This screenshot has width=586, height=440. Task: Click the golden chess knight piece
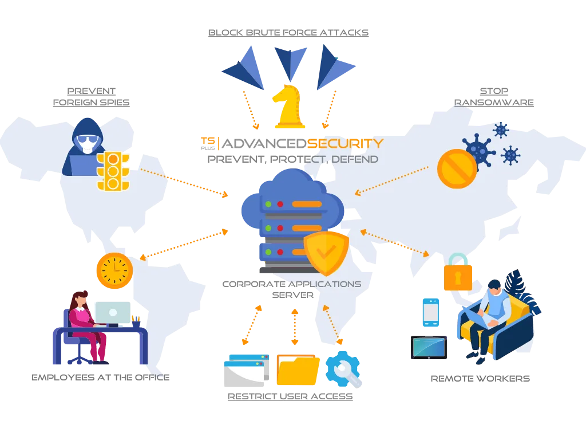(288, 107)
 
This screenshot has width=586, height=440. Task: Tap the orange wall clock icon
(114, 270)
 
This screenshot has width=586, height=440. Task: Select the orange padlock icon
(458, 272)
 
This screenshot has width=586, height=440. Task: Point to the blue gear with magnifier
(343, 369)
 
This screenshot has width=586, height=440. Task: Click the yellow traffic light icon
(113, 171)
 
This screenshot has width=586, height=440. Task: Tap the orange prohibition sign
(457, 169)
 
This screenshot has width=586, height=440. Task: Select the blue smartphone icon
(430, 312)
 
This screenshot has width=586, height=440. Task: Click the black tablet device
(429, 348)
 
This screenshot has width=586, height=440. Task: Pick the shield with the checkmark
(326, 253)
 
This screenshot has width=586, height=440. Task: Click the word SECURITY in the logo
(345, 143)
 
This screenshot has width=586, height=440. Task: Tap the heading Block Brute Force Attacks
(288, 33)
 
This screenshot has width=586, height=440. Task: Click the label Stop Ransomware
(494, 96)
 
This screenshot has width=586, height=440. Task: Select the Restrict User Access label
(290, 396)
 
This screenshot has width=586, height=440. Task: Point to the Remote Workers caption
(480, 379)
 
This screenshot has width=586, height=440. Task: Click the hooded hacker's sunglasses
(87, 140)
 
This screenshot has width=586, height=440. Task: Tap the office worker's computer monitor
(113, 313)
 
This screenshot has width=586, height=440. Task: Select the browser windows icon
(246, 371)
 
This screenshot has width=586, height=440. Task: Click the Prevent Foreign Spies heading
(91, 96)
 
